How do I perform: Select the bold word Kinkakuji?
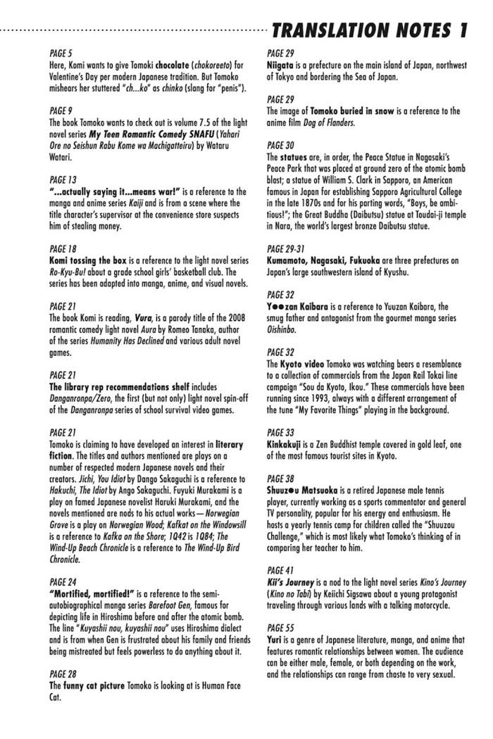(x=289, y=445)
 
